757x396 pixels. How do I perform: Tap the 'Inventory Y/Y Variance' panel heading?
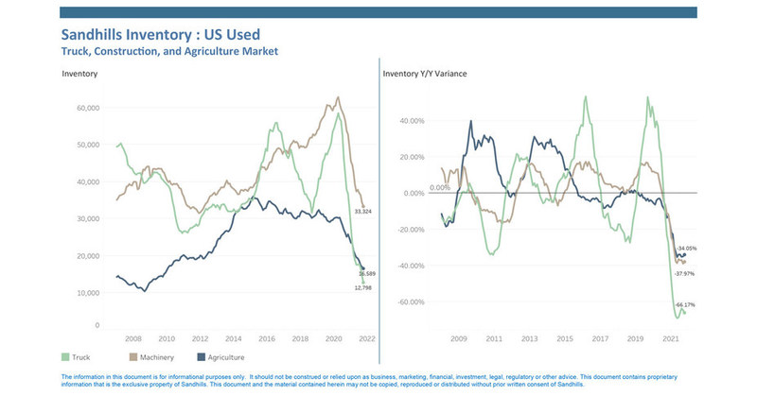424,73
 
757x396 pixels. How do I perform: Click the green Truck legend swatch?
65,358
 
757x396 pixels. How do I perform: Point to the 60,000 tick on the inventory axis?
86,108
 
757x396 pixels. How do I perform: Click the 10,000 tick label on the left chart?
86,293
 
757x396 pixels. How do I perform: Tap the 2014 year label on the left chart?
233,337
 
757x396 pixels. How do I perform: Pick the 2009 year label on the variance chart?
458,337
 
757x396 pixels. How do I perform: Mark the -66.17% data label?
684,304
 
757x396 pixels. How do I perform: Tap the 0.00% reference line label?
441,187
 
